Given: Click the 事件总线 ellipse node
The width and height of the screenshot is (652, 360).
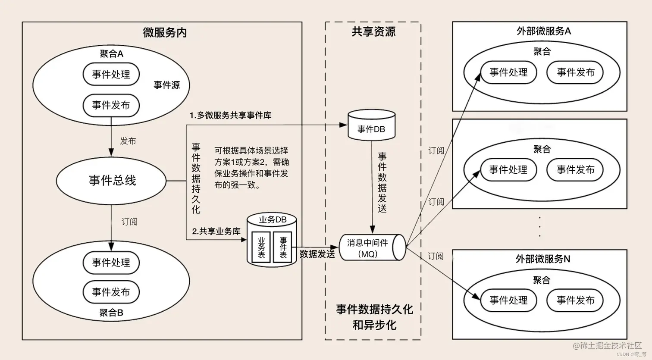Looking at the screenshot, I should click(112, 180).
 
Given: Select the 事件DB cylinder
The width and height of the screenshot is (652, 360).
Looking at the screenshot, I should click(371, 125).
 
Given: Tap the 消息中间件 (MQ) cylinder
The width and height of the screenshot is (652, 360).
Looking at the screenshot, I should click(371, 248).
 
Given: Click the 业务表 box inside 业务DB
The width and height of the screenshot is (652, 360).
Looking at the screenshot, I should click(262, 247).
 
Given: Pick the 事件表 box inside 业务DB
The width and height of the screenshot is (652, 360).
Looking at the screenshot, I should click(283, 247).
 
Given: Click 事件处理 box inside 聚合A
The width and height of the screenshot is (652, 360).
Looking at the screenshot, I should click(111, 74).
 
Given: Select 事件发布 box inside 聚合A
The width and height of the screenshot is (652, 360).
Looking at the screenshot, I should click(111, 105).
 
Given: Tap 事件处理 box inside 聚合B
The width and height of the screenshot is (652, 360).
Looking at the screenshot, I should click(111, 262).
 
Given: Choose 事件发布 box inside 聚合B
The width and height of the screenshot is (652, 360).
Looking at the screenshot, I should click(111, 292).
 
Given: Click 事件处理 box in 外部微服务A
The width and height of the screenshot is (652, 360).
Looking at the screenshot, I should click(508, 72).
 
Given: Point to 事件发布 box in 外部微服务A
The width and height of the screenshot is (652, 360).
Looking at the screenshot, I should click(575, 72).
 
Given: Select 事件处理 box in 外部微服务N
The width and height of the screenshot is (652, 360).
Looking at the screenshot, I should click(508, 300).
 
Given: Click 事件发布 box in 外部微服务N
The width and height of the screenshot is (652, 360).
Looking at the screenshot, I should click(575, 300).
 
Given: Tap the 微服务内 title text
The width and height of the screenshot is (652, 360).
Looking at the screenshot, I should click(165, 33).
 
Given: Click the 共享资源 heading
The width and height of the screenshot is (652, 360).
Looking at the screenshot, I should click(373, 31).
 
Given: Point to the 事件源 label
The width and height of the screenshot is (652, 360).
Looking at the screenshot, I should click(167, 85).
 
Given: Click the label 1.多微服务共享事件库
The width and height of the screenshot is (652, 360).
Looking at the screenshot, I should click(231, 116).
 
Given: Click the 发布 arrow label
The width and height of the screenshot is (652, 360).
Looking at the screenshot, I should click(128, 141).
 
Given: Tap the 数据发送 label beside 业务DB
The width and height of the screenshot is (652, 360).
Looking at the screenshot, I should click(317, 254).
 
